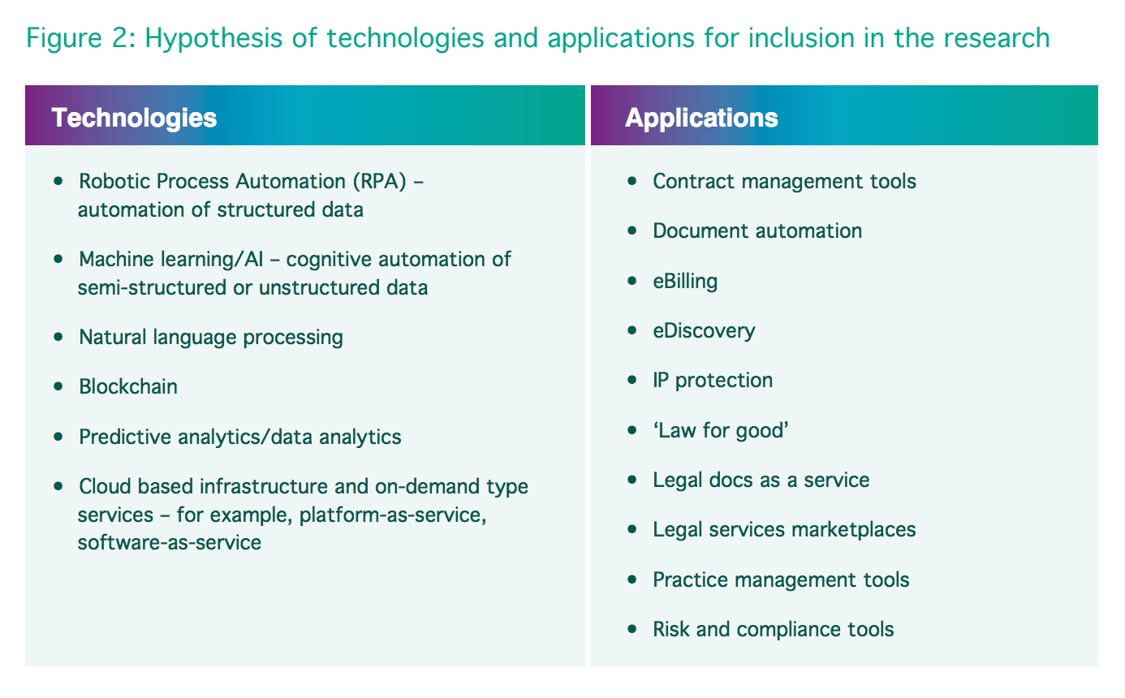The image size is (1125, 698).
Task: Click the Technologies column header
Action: tap(134, 118)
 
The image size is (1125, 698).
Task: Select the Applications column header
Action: tap(701, 118)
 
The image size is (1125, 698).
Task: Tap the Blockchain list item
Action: tap(128, 386)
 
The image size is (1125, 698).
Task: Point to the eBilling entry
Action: tap(685, 282)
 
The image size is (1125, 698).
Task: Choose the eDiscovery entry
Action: tap(704, 331)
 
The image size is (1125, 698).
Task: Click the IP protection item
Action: tap(713, 381)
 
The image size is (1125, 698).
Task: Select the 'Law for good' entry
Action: tap(721, 430)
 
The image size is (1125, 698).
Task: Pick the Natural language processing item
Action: tap(211, 337)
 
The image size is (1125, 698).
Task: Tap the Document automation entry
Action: tap(757, 231)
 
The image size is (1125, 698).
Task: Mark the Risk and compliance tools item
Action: tap(774, 630)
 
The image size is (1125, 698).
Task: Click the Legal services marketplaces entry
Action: tap(784, 530)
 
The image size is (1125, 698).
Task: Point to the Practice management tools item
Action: tap(781, 580)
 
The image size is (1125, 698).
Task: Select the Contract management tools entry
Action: tap(784, 181)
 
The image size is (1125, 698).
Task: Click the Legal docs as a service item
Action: tap(761, 480)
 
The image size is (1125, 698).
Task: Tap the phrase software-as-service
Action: tap(170, 542)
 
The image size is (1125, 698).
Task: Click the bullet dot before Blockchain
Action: tap(58, 386)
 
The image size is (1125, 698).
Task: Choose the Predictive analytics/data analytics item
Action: tap(240, 437)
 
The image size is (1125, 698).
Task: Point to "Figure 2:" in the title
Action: tap(79, 38)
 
